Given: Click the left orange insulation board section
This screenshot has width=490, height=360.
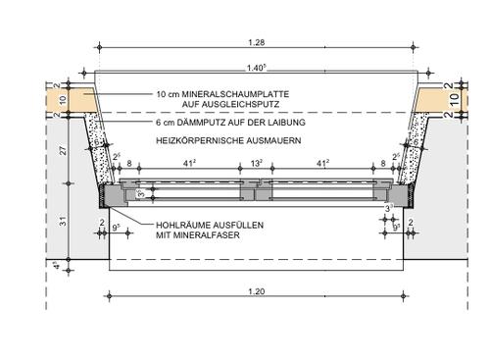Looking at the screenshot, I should pos(71,99).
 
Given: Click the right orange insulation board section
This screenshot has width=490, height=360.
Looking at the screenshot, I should pos(435,99).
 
